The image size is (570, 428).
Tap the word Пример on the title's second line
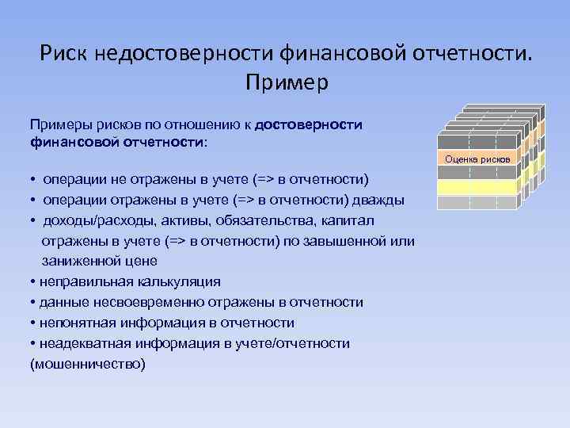[x=286, y=81]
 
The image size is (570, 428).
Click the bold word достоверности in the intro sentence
[x=310, y=124]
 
